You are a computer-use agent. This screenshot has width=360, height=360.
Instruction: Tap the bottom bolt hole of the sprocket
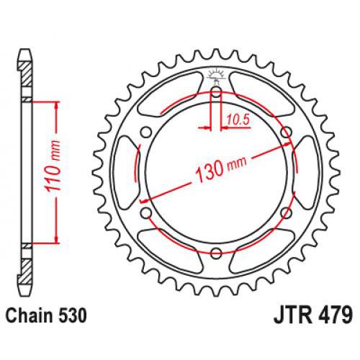click(x=216, y=251)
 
